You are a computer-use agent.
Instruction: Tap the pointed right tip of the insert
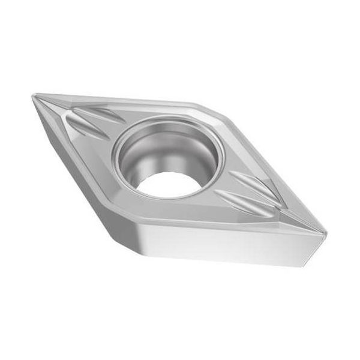(327, 231)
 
